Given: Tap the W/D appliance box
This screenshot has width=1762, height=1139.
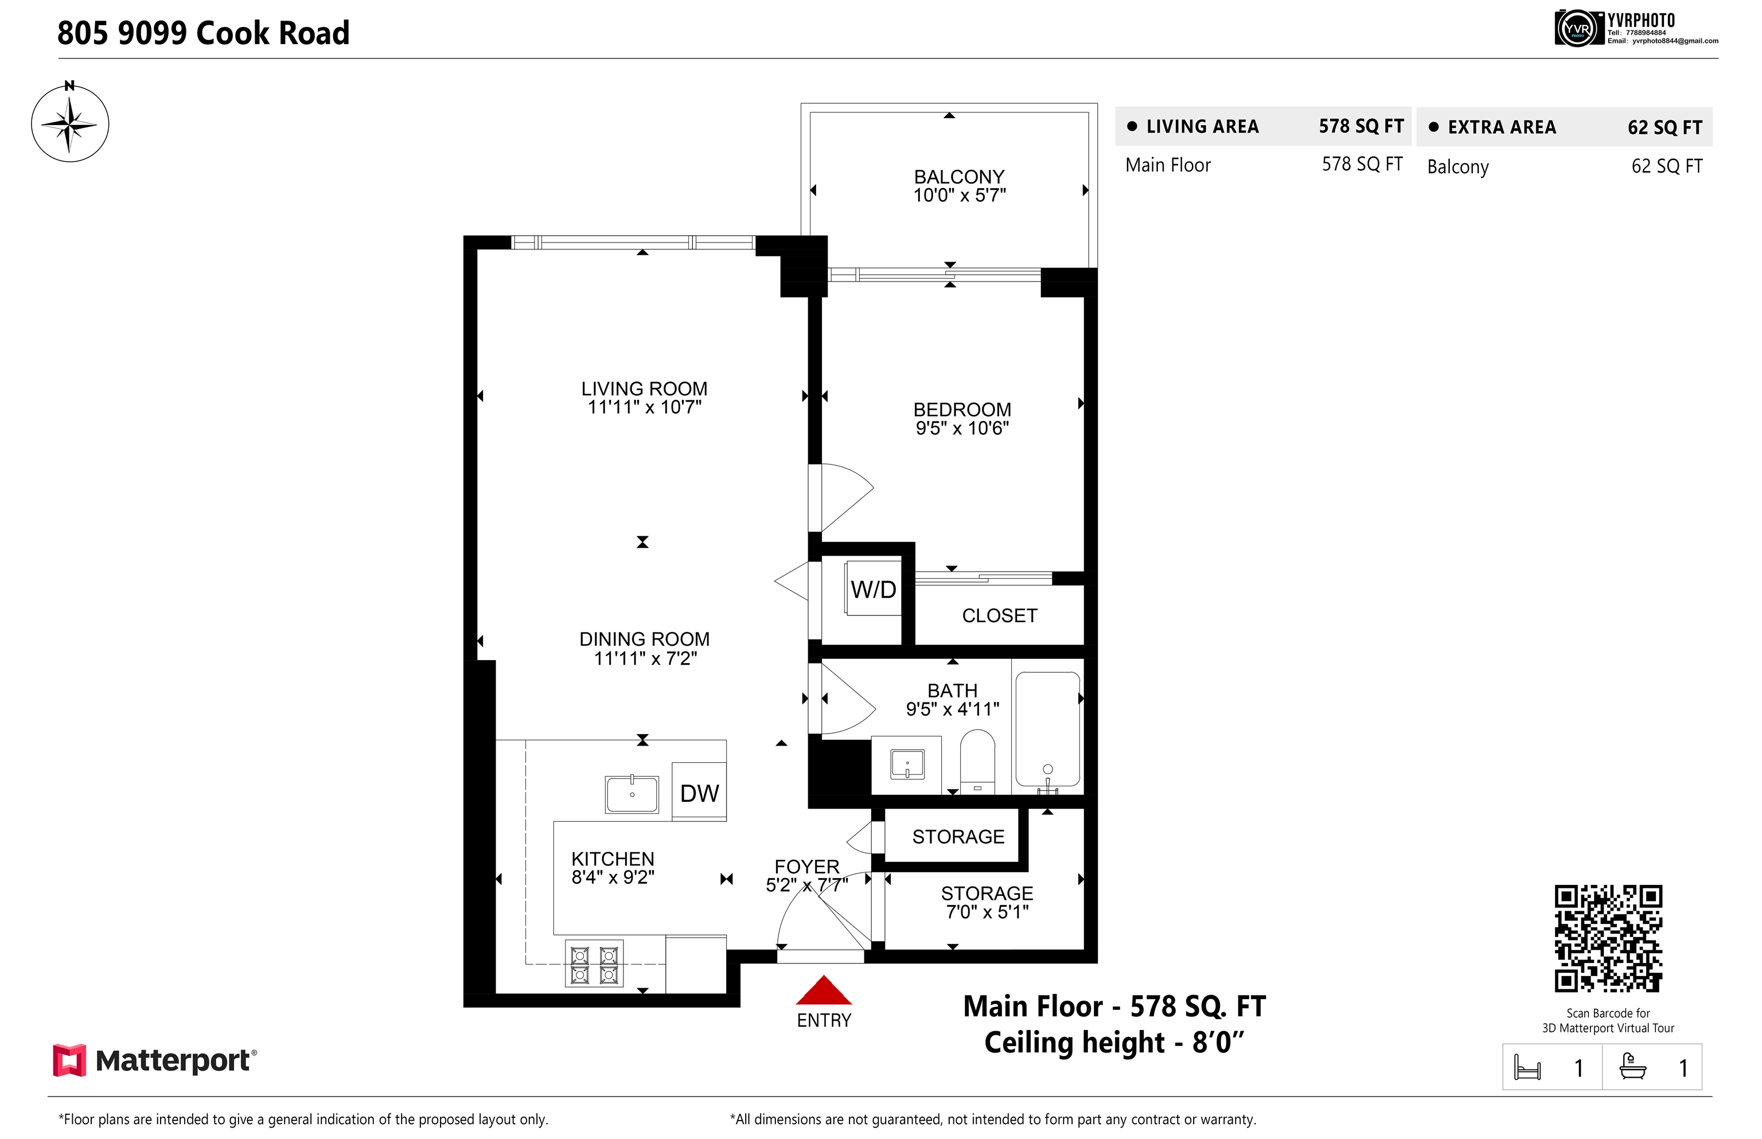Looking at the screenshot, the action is click(x=873, y=589).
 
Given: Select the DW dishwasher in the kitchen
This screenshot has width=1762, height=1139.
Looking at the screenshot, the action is click(x=699, y=792).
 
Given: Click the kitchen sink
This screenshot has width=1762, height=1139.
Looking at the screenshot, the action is click(x=631, y=794).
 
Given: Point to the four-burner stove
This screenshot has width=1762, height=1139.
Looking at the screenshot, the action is click(x=594, y=963).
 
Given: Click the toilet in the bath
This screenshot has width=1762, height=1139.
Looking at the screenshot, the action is click(x=977, y=762).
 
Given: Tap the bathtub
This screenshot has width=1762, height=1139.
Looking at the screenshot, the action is click(x=1047, y=730).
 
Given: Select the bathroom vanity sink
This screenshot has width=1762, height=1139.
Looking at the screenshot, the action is click(x=907, y=764).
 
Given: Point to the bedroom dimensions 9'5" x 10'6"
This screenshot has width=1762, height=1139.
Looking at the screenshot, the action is click(x=962, y=428).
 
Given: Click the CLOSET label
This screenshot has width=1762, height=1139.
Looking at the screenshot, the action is click(x=999, y=615).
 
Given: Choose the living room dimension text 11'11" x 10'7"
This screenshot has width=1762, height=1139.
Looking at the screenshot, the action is click(x=644, y=407).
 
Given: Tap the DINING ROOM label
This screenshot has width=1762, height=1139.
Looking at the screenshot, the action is click(x=644, y=639).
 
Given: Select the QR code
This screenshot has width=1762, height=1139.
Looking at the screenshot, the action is click(x=1608, y=939).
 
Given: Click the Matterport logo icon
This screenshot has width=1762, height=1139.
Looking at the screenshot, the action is click(x=69, y=1060).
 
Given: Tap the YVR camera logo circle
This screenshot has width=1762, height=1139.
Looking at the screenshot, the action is click(x=1576, y=29).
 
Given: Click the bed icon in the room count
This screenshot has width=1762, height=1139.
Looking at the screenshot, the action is click(x=1527, y=1067).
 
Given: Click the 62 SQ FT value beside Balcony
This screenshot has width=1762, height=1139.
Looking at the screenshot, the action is click(x=1667, y=166).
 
